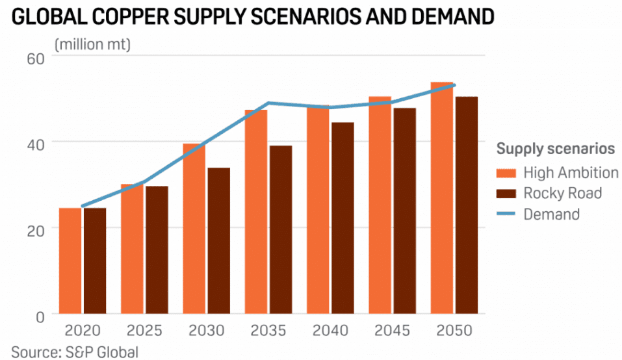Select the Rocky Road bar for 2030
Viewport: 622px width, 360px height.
[x=218, y=241]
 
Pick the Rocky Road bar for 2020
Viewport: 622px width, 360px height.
[x=94, y=261]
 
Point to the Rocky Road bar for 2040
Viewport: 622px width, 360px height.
[x=343, y=218]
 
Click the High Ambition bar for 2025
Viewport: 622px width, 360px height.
[x=132, y=250]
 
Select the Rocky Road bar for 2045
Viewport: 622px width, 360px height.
[x=404, y=211]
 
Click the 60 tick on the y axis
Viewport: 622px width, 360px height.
[x=34, y=57]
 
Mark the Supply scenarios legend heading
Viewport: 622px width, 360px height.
[x=556, y=149]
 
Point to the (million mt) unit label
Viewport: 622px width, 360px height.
[x=92, y=44]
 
